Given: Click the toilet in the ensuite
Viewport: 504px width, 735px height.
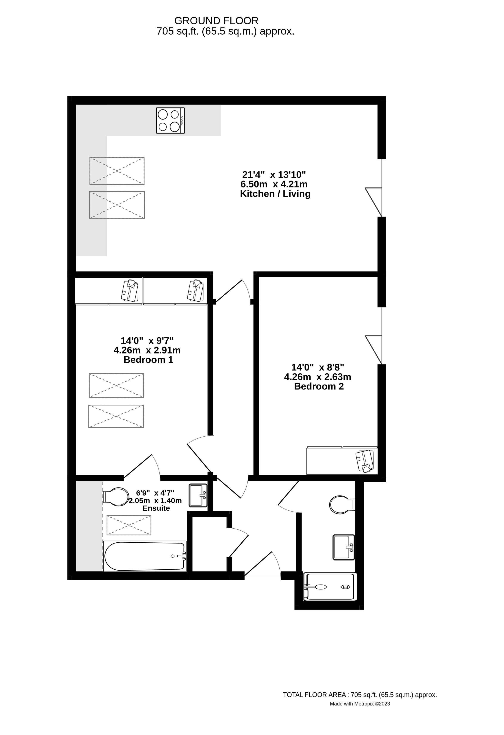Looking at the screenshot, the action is (116, 497).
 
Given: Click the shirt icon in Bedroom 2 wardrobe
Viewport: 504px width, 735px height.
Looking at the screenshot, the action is (365, 461).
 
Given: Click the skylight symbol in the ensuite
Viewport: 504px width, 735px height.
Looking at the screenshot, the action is (129, 525).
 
